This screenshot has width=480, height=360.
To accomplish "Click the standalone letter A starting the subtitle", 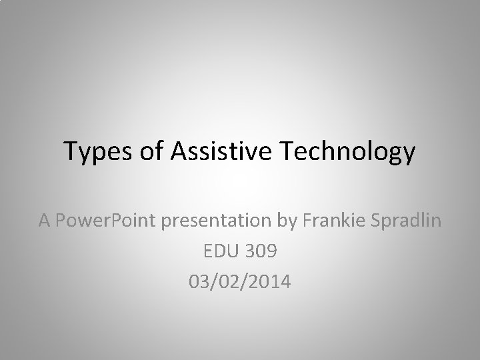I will [45, 221].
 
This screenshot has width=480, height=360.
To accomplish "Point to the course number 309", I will [261, 251].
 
